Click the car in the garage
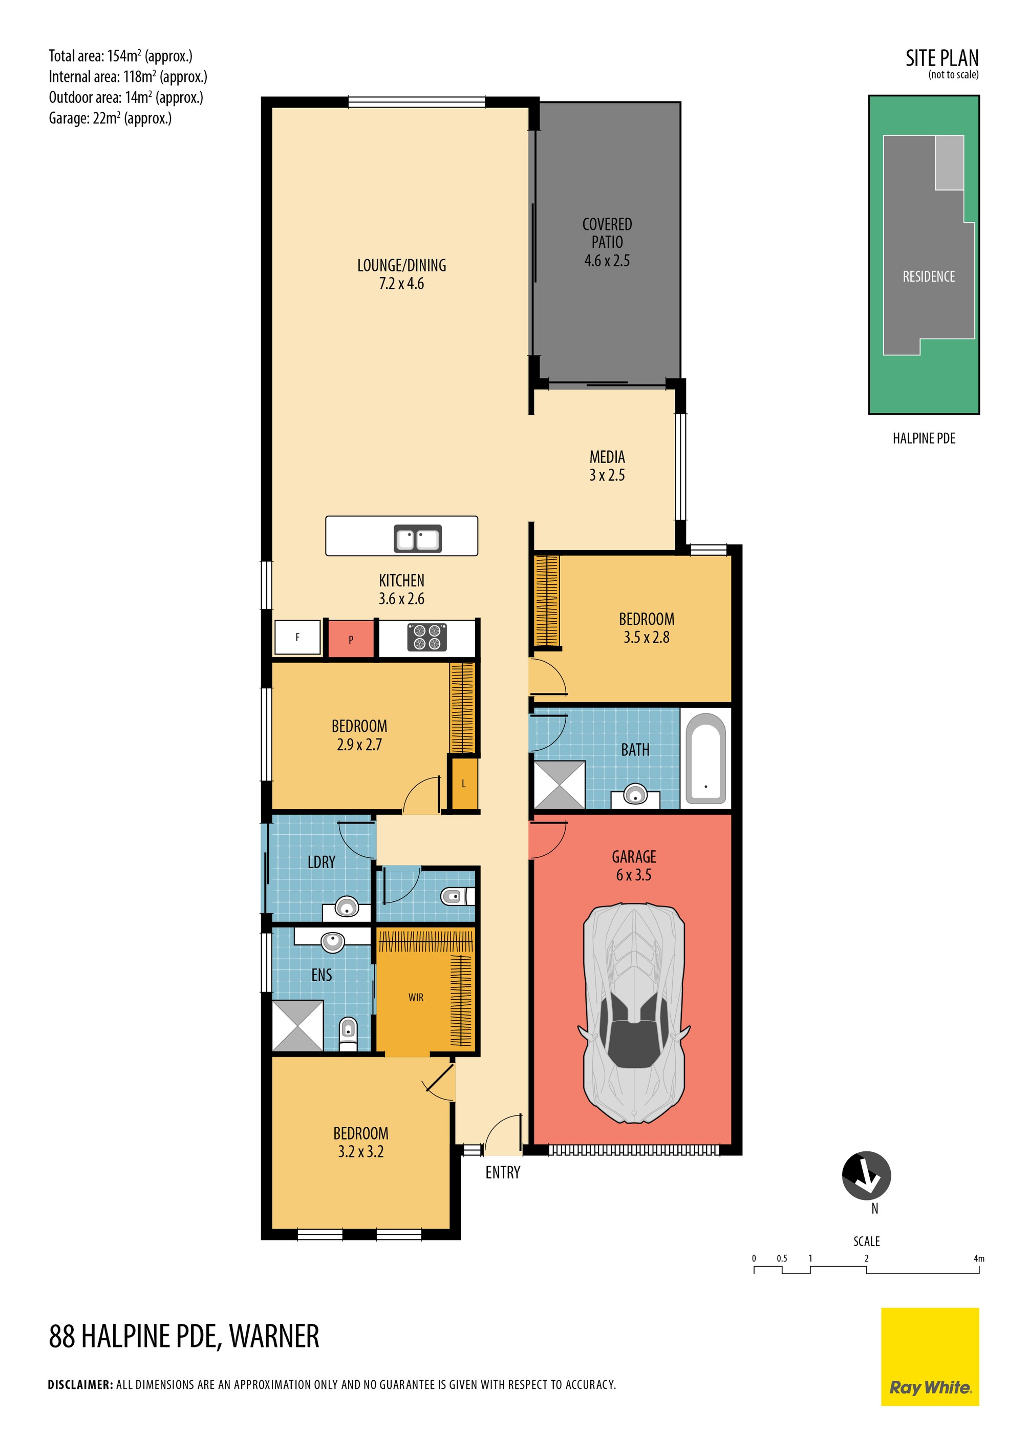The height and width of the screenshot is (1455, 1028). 633,1014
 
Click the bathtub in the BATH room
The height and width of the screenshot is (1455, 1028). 705,758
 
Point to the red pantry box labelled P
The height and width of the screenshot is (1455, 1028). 350,639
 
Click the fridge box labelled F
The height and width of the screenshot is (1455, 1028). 297,637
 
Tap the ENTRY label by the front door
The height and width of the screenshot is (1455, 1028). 503,1172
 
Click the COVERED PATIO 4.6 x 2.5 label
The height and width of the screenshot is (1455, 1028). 607,242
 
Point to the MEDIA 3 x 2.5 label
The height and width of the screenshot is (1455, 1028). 607,466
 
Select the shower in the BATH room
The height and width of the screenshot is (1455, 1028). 559,785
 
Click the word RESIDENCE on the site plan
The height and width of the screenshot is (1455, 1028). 929,276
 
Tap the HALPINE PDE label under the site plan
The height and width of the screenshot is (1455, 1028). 924,438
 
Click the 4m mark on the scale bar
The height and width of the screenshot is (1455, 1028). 978,1258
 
